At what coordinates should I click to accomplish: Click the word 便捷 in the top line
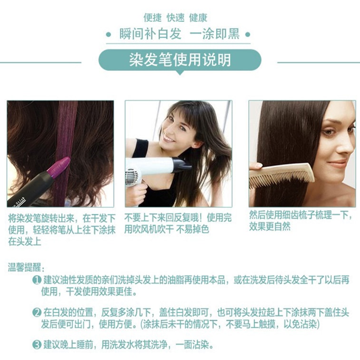tap(153, 18)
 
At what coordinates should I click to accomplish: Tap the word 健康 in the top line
tap(198, 18)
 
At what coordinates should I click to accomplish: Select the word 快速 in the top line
tap(175, 18)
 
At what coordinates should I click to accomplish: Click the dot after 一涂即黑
tap(247, 35)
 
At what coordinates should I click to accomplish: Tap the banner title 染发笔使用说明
tap(180, 60)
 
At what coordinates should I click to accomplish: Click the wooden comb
tap(281, 176)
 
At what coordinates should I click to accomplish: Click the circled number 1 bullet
tap(37, 281)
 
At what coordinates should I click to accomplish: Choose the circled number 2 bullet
tap(37, 313)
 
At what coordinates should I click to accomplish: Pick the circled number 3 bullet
tap(37, 344)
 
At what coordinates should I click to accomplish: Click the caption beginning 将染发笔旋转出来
tap(61, 230)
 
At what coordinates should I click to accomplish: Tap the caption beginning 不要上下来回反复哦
tap(178, 224)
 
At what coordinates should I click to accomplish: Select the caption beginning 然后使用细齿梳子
tap(301, 221)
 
